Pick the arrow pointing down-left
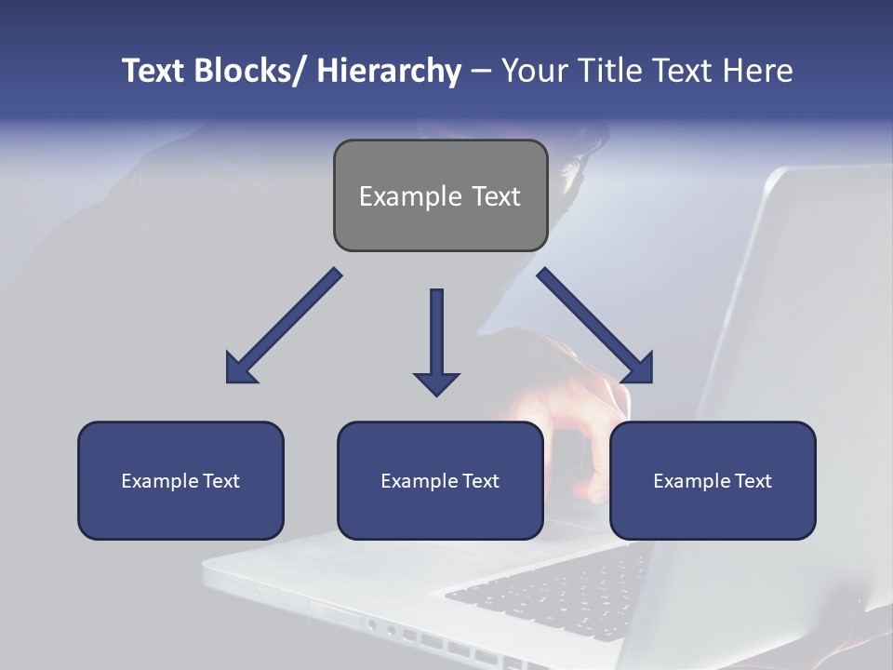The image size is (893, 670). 284,326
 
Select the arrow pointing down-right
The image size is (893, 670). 595,326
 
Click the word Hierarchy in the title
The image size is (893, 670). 389,71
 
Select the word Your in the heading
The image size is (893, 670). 533,71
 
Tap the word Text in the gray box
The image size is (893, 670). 495,196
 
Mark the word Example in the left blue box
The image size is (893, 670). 154,481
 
